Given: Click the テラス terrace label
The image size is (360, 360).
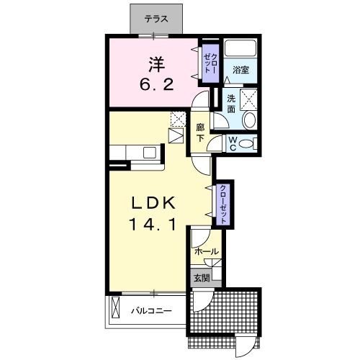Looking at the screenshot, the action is point(156,19).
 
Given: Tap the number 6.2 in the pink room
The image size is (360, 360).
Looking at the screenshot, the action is point(157,84).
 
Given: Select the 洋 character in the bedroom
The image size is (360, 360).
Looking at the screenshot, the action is point(157,65).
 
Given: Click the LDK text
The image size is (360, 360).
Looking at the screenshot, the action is point(153,204).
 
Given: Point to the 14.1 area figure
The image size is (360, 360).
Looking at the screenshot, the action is point(153,224).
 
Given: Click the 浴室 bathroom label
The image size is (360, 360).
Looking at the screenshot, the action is point(240,70).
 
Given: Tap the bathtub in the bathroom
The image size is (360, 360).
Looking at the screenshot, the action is point(240,48).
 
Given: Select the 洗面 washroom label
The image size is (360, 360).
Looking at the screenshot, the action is point(231,104).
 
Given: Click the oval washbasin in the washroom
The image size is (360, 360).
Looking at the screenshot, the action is point(250,120).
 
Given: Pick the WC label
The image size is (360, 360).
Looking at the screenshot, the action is point(233,144).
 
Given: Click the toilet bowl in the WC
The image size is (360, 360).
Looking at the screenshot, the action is point(246,144).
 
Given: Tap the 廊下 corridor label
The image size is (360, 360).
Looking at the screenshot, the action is point(200,132).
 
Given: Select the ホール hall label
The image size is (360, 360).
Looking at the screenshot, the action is point(207,251).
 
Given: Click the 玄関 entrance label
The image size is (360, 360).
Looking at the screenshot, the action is point(202,278).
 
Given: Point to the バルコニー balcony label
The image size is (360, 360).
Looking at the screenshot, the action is point(151,311).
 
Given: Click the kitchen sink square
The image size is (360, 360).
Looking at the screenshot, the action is point(150,153).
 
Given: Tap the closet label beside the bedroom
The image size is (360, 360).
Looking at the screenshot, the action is point(210,63).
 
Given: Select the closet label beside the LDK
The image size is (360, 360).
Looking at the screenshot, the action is point(223,204).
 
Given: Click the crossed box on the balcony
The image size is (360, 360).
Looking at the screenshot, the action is point(115,307).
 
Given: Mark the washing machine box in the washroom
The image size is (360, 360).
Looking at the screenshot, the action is point(248,99).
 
